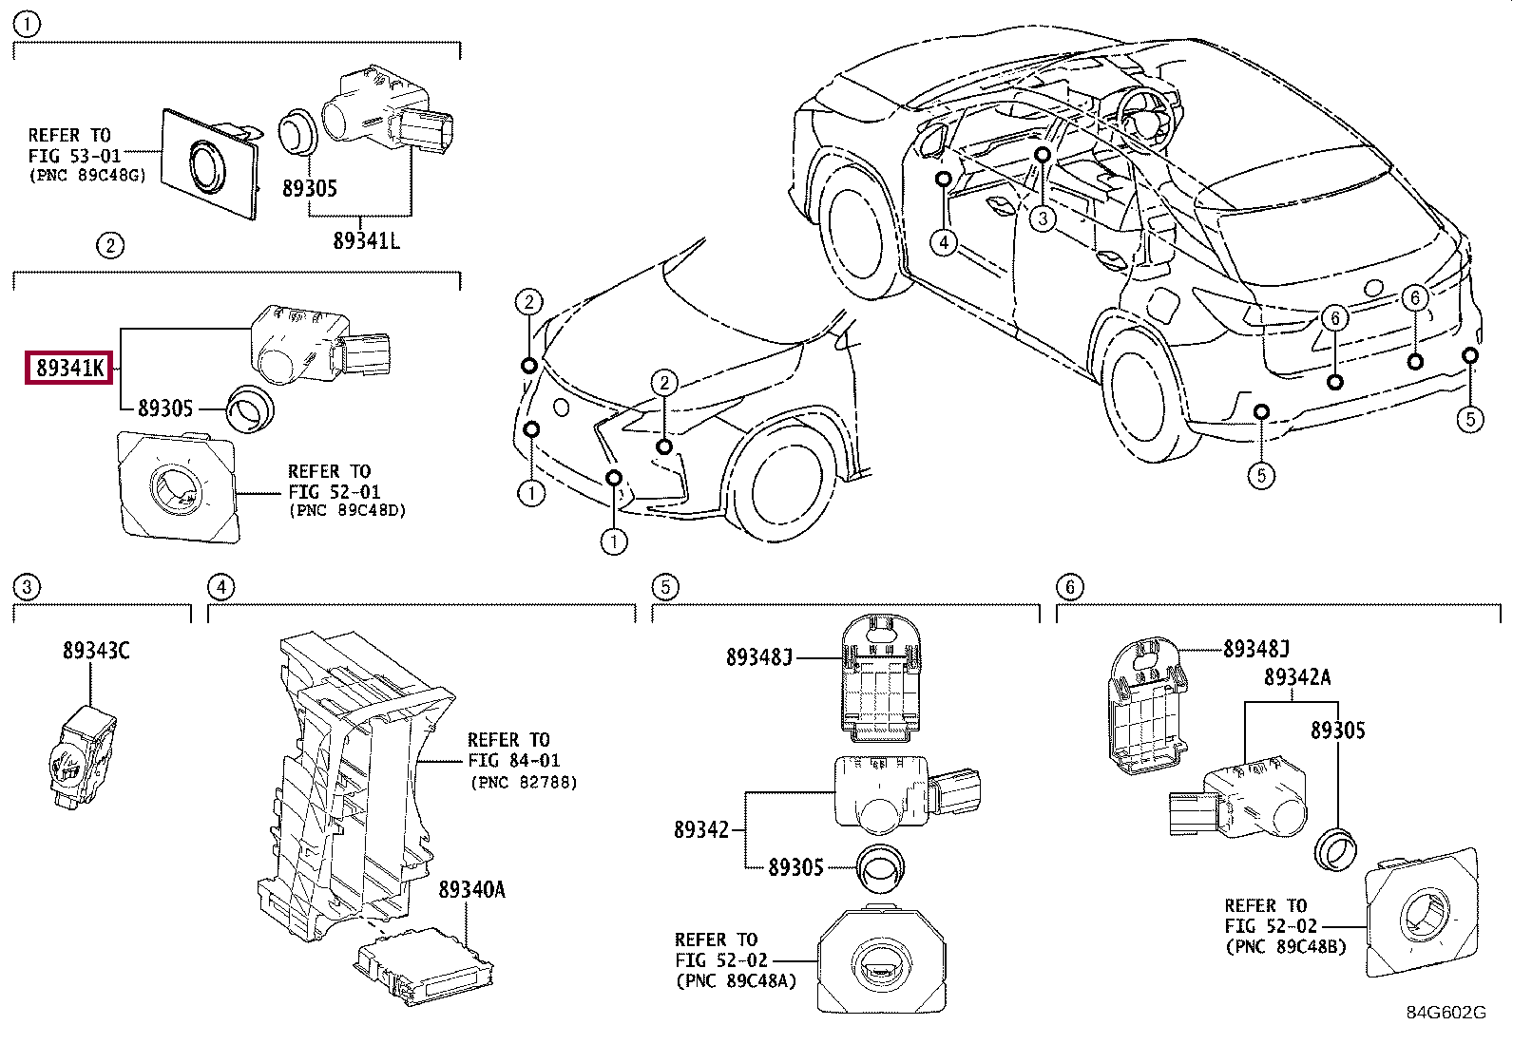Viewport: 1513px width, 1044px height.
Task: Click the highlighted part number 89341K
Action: (69, 368)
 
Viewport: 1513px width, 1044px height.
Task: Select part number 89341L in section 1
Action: (366, 241)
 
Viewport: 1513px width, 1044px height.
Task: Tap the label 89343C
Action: (96, 651)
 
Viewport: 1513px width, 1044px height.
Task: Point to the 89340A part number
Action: (471, 890)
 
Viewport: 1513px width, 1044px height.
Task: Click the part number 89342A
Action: (1296, 677)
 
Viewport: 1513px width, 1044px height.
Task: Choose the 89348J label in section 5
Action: (758, 657)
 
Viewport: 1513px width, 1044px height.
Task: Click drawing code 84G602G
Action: (1446, 1013)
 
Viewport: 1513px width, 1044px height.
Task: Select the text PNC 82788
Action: (524, 783)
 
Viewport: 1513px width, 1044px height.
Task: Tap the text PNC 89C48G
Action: (87, 175)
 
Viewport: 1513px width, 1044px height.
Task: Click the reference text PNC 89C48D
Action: (347, 511)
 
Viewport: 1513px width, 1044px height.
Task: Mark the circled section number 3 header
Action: (27, 587)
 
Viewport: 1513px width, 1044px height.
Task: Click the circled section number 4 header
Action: (220, 587)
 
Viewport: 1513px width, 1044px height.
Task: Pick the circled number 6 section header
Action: (1069, 587)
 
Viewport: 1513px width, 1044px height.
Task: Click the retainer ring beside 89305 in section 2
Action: (251, 409)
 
